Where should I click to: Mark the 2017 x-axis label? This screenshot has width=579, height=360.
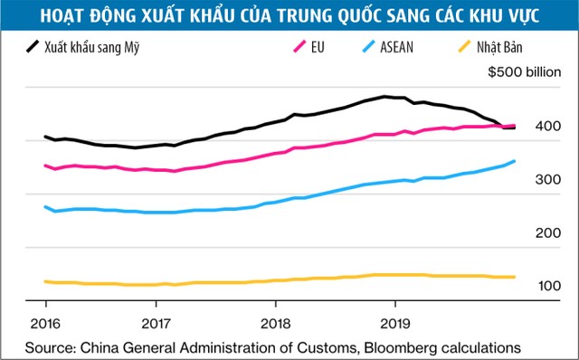(157, 323)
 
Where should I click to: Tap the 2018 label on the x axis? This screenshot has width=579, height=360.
(275, 323)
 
